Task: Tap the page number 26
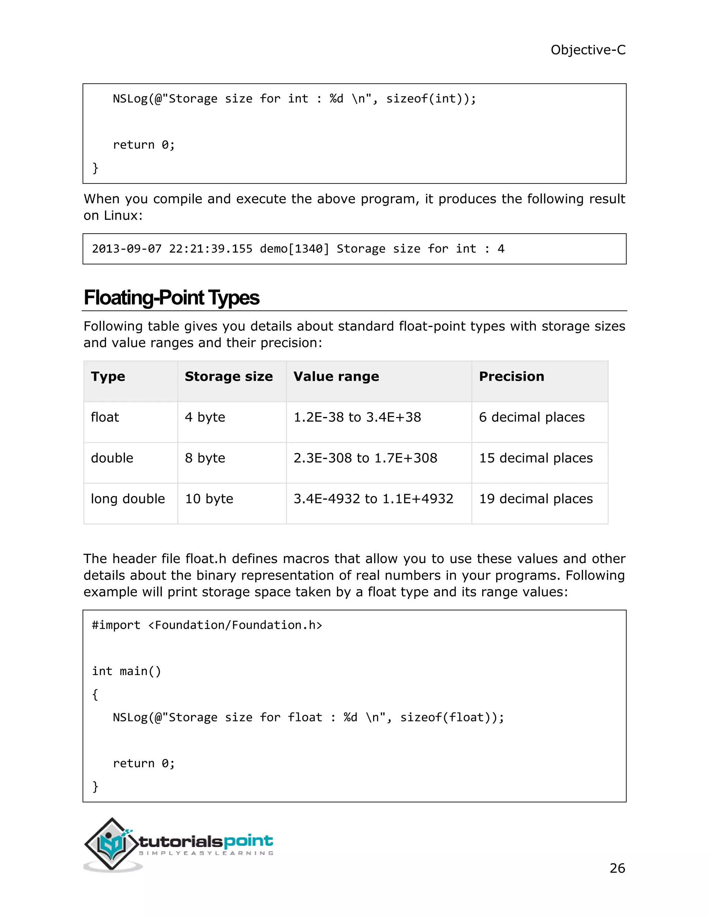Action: [617, 868]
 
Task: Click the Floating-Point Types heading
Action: [171, 298]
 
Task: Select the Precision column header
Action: [511, 376]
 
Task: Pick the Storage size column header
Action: [228, 376]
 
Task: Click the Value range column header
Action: [336, 376]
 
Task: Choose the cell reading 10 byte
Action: [209, 499]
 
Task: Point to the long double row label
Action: [128, 499]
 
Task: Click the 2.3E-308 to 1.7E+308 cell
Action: [365, 458]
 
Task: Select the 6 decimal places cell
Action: [531, 417]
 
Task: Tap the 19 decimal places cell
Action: [536, 499]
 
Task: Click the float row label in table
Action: [105, 417]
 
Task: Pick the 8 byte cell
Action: [205, 458]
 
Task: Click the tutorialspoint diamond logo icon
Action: [111, 844]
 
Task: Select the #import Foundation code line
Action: [207, 625]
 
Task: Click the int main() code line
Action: [126, 671]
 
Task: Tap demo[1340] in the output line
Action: [294, 249]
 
